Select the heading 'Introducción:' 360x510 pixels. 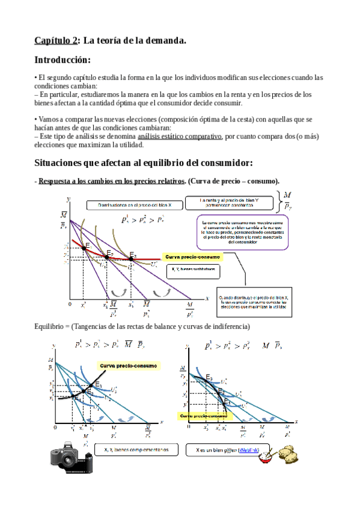[x=63, y=60]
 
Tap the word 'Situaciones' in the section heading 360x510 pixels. [x=61, y=163]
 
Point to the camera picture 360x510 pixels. [x=71, y=457]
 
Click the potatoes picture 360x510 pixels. [x=290, y=452]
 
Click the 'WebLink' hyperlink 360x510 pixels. [x=249, y=450]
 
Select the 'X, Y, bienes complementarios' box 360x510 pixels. [x=136, y=450]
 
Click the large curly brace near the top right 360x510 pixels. [x=280, y=201]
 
